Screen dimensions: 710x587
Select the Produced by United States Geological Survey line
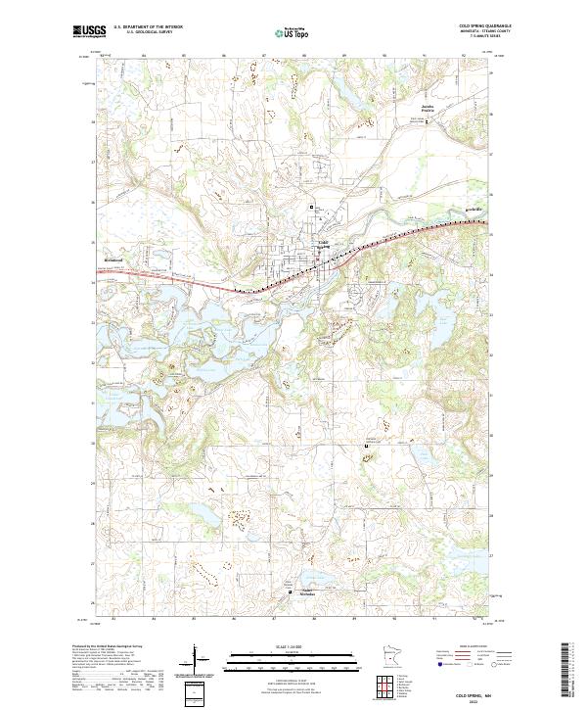pyautogui.click(x=108, y=647)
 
